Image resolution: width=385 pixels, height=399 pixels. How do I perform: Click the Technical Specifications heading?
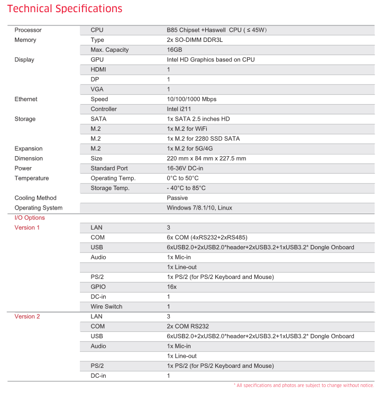65,9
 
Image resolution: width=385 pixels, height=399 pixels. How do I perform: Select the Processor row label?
28,30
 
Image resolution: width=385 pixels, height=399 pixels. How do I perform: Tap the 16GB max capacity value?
174,50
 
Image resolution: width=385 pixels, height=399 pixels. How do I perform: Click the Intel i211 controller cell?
180,109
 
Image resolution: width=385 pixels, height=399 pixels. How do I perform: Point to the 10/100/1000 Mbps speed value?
191,99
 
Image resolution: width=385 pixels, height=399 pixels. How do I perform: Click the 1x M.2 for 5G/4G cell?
190,149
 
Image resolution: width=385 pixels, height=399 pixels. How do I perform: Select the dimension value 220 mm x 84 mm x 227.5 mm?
206,158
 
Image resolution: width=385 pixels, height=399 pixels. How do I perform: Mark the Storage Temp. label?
110,188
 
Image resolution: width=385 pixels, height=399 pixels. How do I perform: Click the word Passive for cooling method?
177,198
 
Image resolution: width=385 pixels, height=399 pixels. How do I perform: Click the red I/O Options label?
30,217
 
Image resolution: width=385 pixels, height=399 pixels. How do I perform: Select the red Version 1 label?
27,228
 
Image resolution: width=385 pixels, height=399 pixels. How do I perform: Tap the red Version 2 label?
27,316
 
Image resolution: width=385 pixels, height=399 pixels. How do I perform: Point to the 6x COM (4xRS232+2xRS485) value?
210,238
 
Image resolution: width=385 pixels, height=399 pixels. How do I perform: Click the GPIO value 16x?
172,287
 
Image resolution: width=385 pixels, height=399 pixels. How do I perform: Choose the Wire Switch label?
106,306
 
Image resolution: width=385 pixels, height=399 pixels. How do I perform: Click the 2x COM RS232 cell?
188,327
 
